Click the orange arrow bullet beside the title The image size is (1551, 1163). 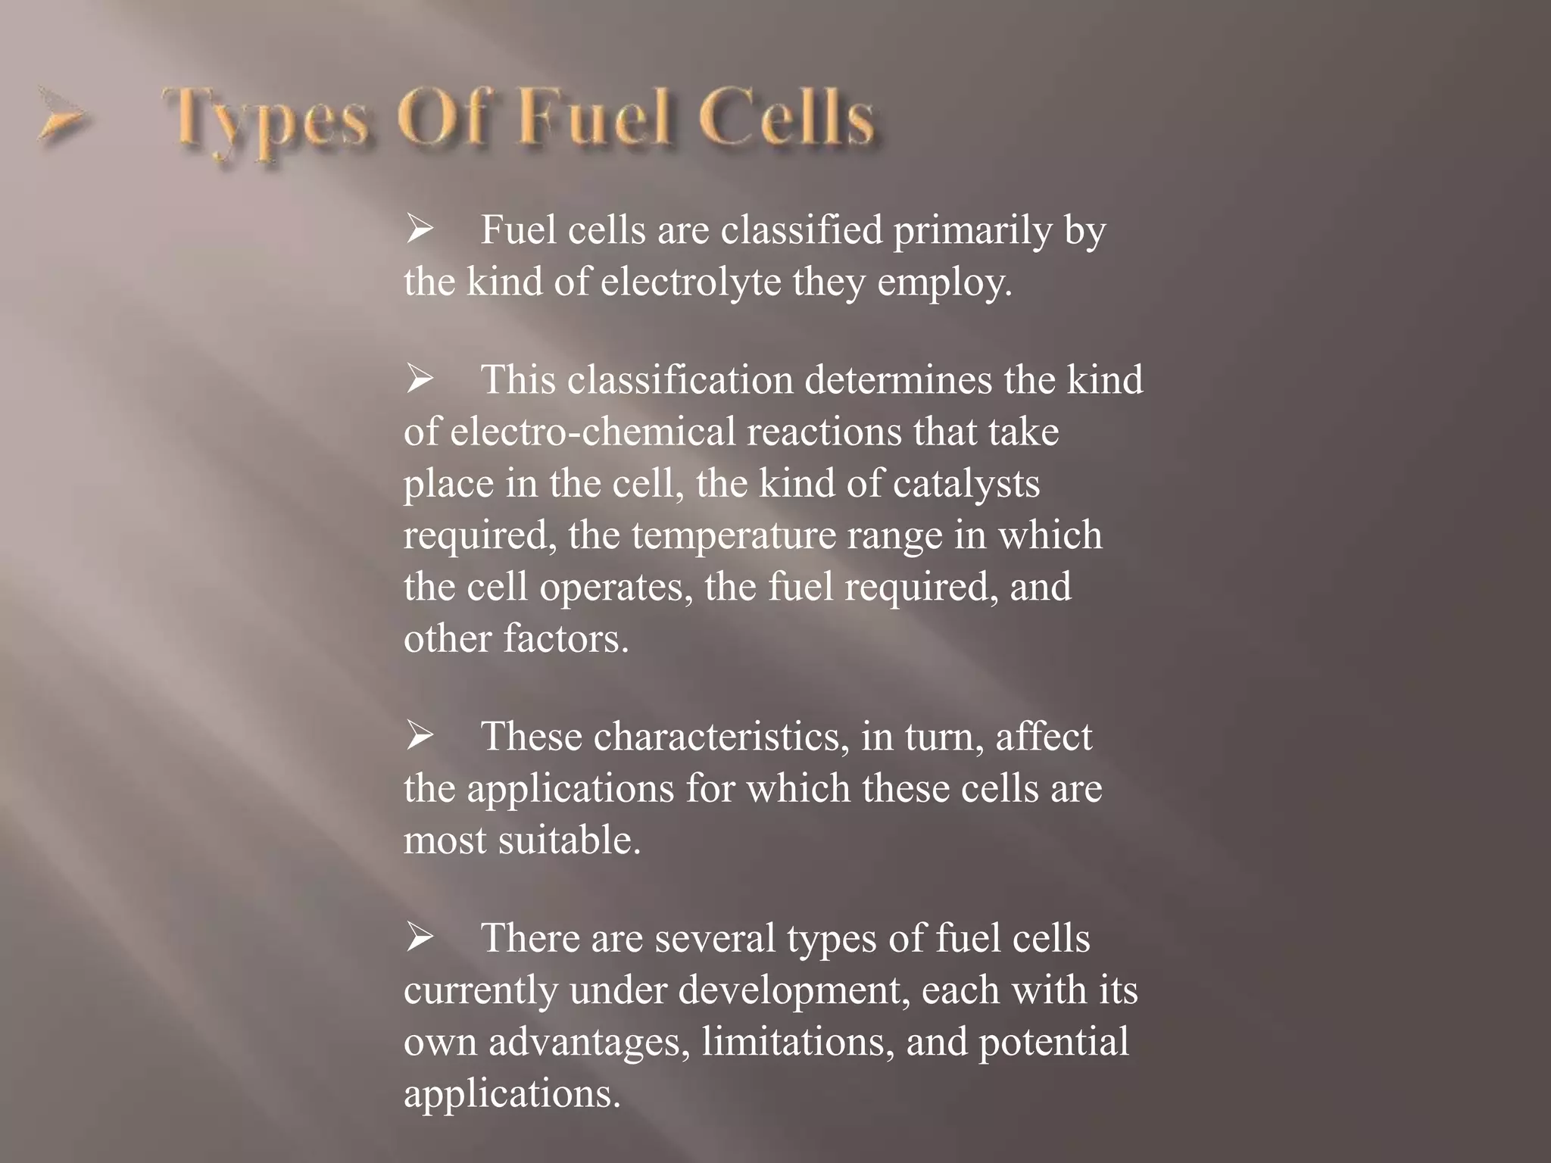click(x=61, y=118)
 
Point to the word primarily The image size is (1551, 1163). click(x=972, y=231)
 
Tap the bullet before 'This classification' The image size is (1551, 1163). click(x=419, y=379)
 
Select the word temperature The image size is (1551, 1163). click(x=733, y=535)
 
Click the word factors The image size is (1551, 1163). click(x=566, y=638)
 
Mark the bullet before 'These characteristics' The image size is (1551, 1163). click(x=419, y=736)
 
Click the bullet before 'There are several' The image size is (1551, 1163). click(x=419, y=938)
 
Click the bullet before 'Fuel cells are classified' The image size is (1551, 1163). click(x=419, y=229)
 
